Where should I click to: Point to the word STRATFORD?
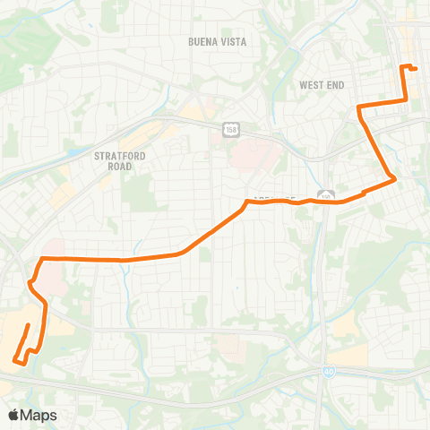pyautogui.click(x=119, y=155)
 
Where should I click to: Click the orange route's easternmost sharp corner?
pyautogui.click(x=395, y=181)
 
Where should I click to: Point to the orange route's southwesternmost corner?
pyautogui.click(x=15, y=361)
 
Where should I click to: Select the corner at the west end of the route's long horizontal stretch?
pyautogui.click(x=40, y=259)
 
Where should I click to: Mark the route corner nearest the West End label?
pyautogui.click(x=359, y=108)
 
